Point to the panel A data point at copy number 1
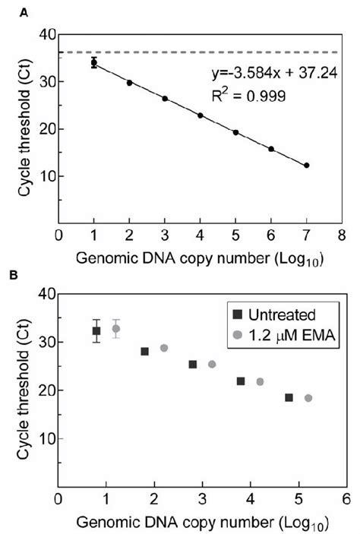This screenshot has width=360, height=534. point(94,63)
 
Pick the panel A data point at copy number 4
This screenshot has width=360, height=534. point(201,115)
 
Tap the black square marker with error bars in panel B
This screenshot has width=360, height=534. point(96,330)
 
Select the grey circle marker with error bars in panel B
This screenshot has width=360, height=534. point(116,329)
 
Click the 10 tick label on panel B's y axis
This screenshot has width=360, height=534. point(46,438)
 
